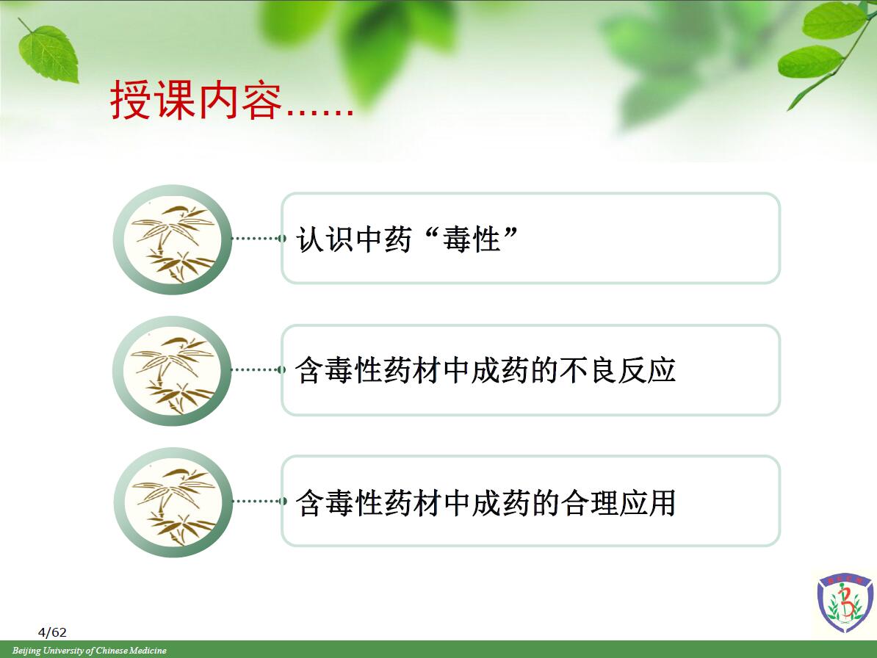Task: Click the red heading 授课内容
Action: [x=196, y=100]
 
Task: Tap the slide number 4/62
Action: [x=52, y=632]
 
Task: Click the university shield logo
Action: [x=845, y=602]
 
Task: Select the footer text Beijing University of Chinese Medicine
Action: [x=90, y=650]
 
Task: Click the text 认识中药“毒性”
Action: [x=407, y=239]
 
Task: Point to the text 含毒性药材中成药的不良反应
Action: [x=486, y=370]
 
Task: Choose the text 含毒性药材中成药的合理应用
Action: [x=486, y=502]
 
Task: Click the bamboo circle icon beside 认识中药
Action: [x=173, y=239]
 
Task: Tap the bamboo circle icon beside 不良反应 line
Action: [x=173, y=371]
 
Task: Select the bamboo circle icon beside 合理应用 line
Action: [x=173, y=502]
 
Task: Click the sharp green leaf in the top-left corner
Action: [x=48, y=53]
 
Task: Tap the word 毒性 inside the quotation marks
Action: [x=472, y=240]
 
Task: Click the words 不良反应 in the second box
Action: [x=617, y=370]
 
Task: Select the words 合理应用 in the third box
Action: [x=617, y=502]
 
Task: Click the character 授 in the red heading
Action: [x=130, y=100]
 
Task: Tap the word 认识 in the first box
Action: [x=325, y=240]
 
